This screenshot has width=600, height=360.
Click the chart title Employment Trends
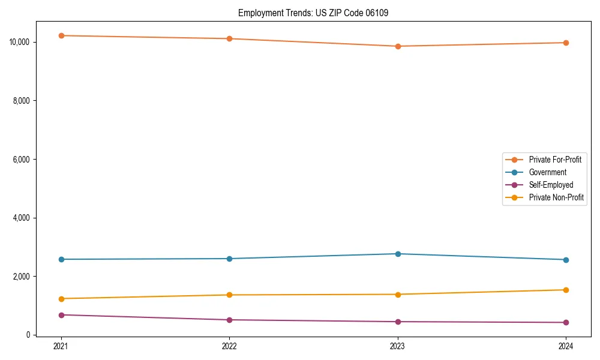[313, 13]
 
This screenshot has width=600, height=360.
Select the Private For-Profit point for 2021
[61, 35]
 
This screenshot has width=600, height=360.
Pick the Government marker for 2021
[61, 259]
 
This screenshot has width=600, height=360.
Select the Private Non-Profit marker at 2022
[229, 295]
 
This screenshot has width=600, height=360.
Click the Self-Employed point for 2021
[61, 315]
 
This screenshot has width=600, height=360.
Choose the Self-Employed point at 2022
[229, 320]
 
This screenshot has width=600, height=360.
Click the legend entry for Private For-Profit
[555, 160]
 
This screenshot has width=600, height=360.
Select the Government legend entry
[547, 172]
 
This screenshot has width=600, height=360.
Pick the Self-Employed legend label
[551, 185]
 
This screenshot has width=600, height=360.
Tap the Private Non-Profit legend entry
[556, 197]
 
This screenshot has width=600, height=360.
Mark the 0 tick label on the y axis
[28, 335]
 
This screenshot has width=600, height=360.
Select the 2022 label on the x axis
[229, 346]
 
